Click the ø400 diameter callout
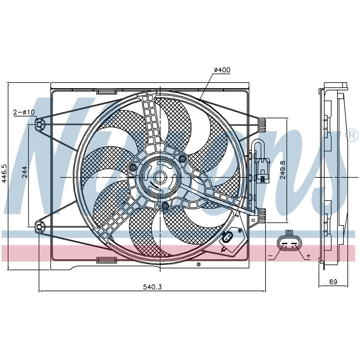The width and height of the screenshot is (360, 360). [x=222, y=70]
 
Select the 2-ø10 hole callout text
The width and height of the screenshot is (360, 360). [x=24, y=112]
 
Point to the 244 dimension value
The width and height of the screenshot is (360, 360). [x=24, y=172]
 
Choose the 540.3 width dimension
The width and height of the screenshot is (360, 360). [x=152, y=287]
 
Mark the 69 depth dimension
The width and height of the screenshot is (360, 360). [x=333, y=282]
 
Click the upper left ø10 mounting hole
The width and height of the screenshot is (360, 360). [x=39, y=125]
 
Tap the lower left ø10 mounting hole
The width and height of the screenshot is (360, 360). [x=39, y=227]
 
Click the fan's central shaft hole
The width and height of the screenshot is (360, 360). [x=160, y=177]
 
